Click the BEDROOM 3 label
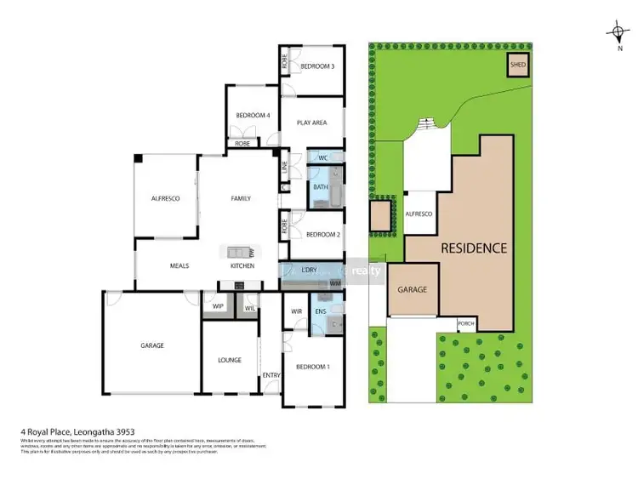tap(316, 66)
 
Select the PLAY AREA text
tap(312, 123)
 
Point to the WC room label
tap(323, 158)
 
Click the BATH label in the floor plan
tap(321, 187)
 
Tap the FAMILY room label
tap(241, 198)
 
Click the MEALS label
tap(179, 265)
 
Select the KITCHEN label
tap(242, 265)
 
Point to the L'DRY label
tap(310, 271)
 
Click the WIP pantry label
tap(218, 305)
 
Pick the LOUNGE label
tap(230, 360)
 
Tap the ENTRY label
tap(271, 375)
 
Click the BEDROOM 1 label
tap(313, 366)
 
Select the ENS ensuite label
tap(321, 312)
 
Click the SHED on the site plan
tap(517, 66)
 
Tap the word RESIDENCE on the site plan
tap(474, 248)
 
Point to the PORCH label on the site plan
tap(465, 323)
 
